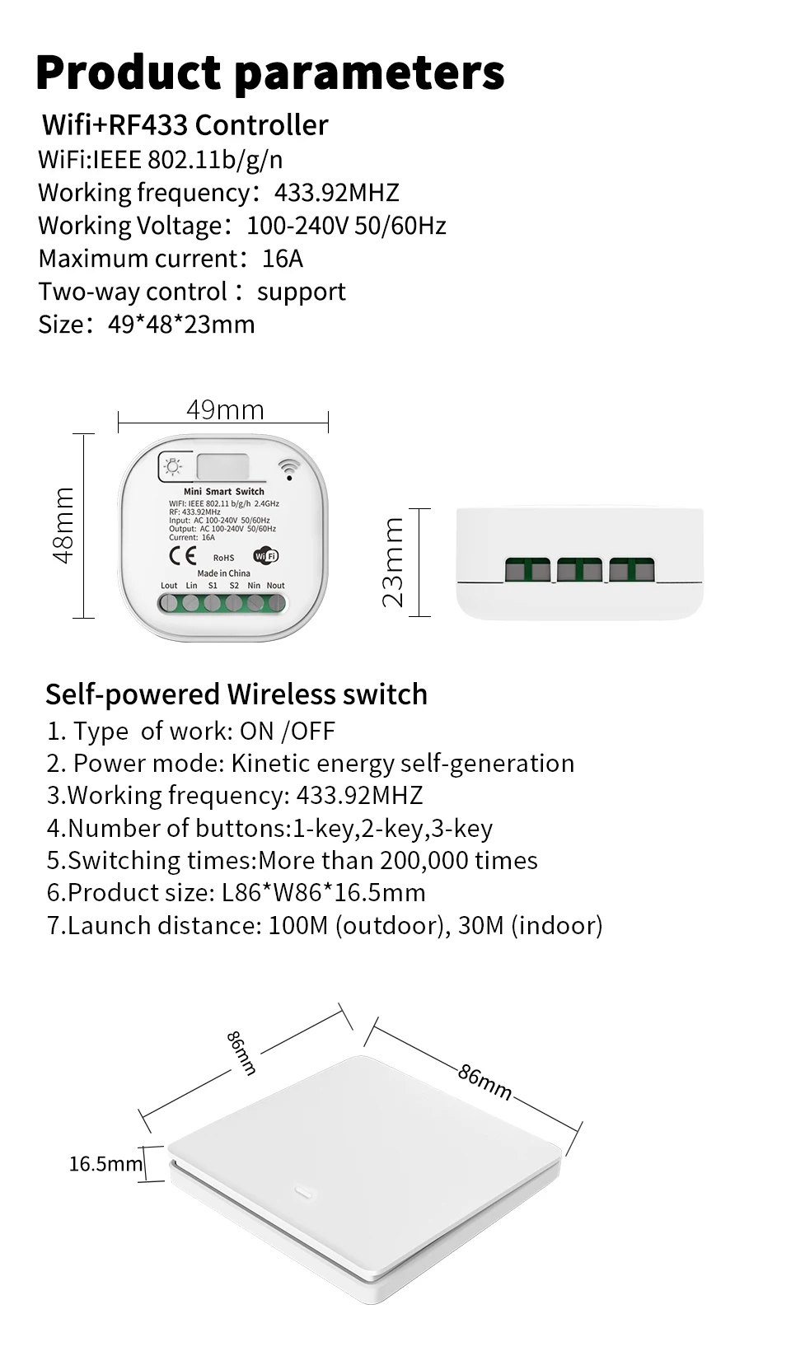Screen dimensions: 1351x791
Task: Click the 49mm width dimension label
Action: coord(225,409)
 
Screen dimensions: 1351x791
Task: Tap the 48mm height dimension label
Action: coord(63,526)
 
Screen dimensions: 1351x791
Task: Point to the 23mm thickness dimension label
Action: coord(394,562)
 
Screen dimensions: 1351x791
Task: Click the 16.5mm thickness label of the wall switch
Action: coord(105,1163)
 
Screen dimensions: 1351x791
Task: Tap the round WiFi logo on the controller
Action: coord(266,555)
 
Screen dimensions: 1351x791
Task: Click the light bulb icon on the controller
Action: coord(173,467)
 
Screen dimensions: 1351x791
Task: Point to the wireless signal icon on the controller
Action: coord(288,469)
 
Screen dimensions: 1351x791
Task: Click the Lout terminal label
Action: coord(169,586)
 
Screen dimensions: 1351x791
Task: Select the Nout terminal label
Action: coord(276,586)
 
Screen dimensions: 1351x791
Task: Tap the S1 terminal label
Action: coord(213,586)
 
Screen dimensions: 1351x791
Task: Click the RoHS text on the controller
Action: coord(223,558)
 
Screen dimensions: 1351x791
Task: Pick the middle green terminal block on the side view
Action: coord(579,569)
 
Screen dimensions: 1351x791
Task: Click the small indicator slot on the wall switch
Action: coord(302,1191)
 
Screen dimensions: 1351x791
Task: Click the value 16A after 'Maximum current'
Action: coord(283,259)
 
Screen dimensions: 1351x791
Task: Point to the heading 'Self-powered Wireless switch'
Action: coord(236,694)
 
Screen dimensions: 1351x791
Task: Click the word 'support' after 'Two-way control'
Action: coord(302,292)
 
